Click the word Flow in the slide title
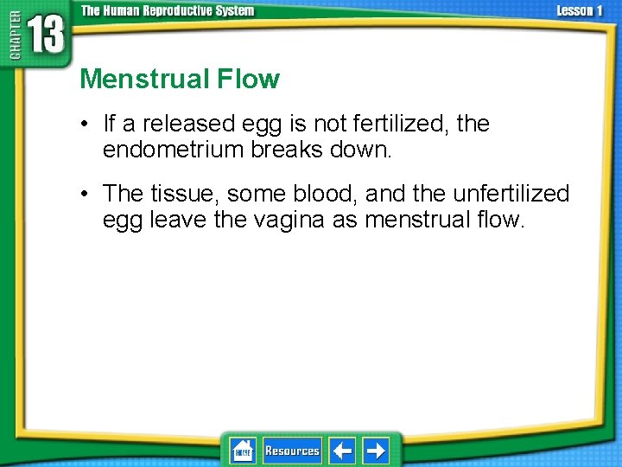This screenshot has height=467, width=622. point(252,80)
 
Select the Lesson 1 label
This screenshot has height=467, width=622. point(580,11)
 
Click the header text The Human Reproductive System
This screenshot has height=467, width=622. point(168,11)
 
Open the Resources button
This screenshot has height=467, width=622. point(292,451)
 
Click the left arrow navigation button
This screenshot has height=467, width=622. point(342,451)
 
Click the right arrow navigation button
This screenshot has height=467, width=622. point(376,451)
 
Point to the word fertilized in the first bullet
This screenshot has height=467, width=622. point(404,125)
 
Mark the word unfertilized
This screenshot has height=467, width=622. point(511,194)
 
